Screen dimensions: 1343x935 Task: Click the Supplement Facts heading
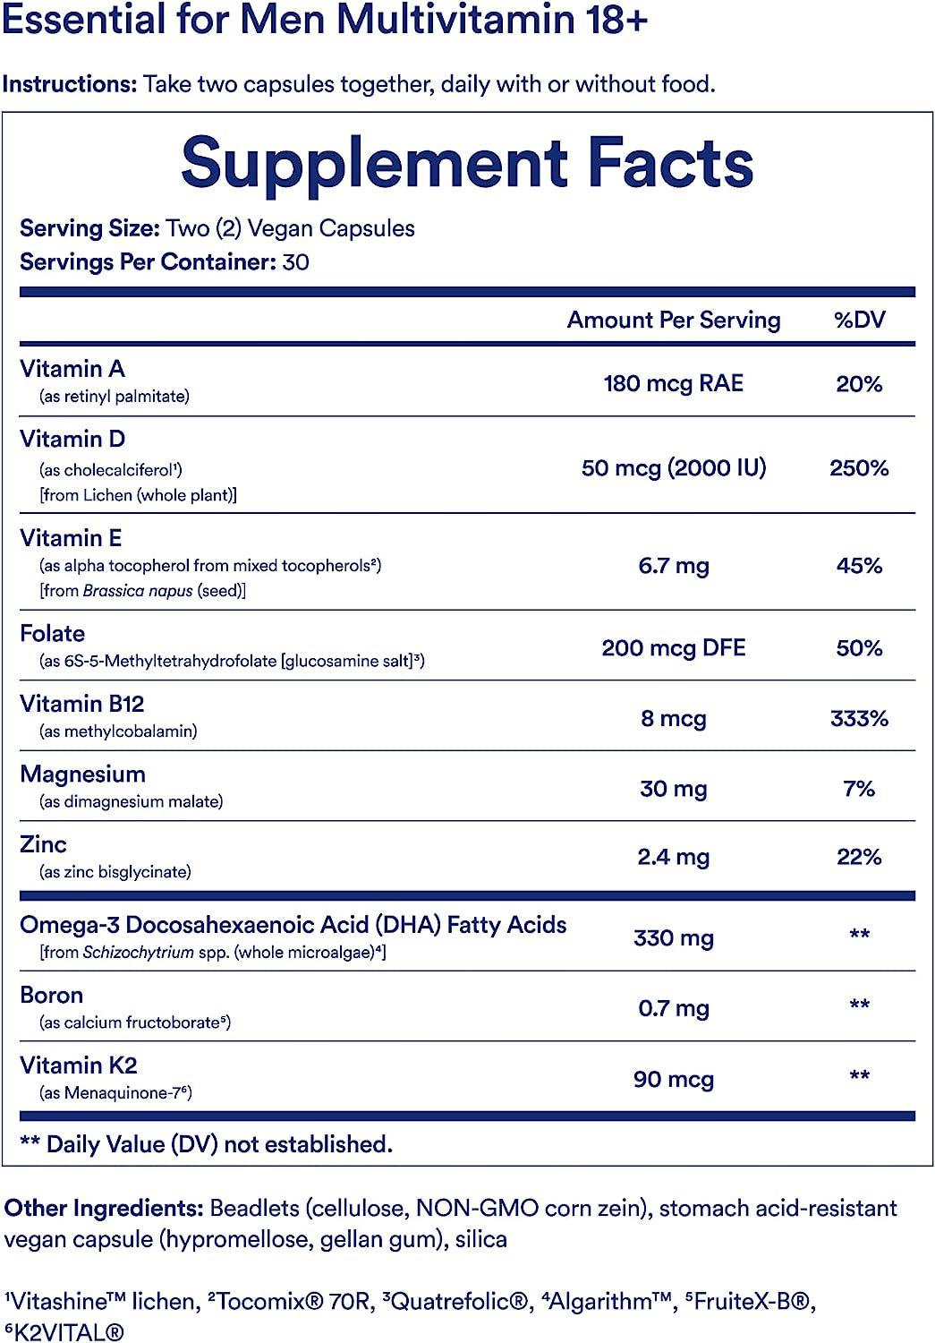pos(467,163)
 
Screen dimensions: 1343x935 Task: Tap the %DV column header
pos(859,321)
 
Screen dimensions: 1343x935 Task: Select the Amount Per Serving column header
pos(674,321)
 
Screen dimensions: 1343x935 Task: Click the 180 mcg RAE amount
pos(673,383)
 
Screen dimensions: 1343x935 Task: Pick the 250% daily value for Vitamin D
pos(859,467)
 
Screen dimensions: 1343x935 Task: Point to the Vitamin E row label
pos(71,538)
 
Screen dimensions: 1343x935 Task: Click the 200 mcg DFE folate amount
pos(673,647)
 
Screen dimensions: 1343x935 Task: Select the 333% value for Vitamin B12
pos(859,718)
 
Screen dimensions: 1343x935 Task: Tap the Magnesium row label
pos(82,774)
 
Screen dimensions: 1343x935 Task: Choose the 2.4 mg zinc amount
pos(673,857)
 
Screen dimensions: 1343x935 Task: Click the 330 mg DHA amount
pos(673,938)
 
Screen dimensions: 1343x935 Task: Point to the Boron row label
pos(51,996)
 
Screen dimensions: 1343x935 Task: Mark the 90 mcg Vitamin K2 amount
pos(673,1079)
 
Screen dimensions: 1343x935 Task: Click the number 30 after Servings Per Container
pos(295,262)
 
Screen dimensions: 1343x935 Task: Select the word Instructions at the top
pos(69,84)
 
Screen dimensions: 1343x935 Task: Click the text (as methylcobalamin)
pos(118,731)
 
